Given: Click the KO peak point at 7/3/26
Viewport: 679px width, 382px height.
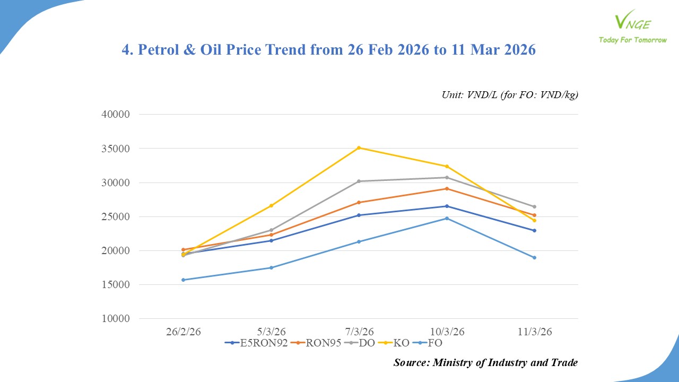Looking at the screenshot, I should (x=359, y=147).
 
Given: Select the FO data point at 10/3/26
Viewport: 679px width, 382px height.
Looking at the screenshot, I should (x=447, y=218).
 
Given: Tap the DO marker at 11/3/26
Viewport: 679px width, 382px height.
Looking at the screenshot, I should (x=534, y=206).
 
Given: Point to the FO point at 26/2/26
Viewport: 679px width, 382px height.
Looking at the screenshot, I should (x=184, y=280).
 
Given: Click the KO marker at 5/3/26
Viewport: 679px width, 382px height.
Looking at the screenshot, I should (x=271, y=205).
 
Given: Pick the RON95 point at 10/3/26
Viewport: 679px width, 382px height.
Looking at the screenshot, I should (x=447, y=188).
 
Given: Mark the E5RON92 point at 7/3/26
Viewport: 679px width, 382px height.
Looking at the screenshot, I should (x=359, y=215).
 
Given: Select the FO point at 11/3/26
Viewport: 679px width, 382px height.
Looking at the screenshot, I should (x=534, y=257).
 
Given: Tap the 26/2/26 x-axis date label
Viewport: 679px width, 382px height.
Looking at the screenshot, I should (x=184, y=332).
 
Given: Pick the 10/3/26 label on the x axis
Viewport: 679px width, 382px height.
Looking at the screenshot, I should (x=447, y=332).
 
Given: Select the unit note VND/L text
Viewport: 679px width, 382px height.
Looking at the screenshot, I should (x=510, y=95).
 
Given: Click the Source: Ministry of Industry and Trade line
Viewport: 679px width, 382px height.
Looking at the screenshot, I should (x=485, y=363).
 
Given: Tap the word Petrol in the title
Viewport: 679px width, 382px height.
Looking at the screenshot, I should (x=160, y=50).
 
